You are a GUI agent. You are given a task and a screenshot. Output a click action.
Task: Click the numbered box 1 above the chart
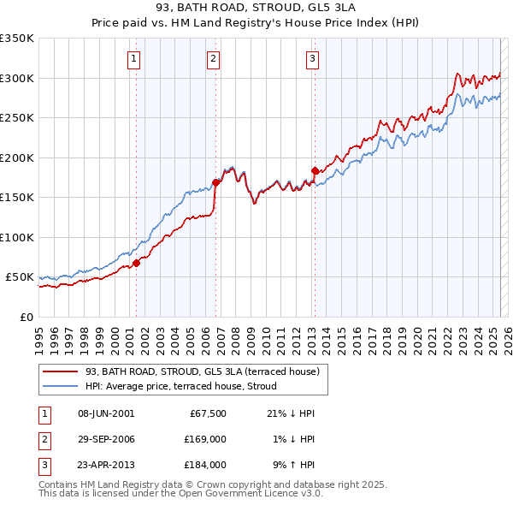click(135, 59)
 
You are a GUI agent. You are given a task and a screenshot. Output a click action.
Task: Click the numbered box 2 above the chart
click(213, 59)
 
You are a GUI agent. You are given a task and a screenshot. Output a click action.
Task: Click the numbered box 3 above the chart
click(313, 59)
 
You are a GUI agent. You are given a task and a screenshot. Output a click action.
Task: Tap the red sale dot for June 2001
click(136, 263)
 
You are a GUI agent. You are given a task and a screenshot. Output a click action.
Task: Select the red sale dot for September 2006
click(216, 182)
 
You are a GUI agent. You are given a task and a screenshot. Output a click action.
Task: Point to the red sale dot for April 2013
click(315, 170)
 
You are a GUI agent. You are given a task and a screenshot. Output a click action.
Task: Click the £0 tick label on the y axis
click(26, 317)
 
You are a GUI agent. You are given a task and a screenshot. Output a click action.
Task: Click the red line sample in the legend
click(60, 371)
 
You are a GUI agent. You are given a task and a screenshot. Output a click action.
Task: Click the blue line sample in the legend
click(60, 386)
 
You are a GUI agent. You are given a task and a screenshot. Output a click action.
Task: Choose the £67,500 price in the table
click(207, 413)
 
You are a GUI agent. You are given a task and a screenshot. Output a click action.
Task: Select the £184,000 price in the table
click(204, 465)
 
